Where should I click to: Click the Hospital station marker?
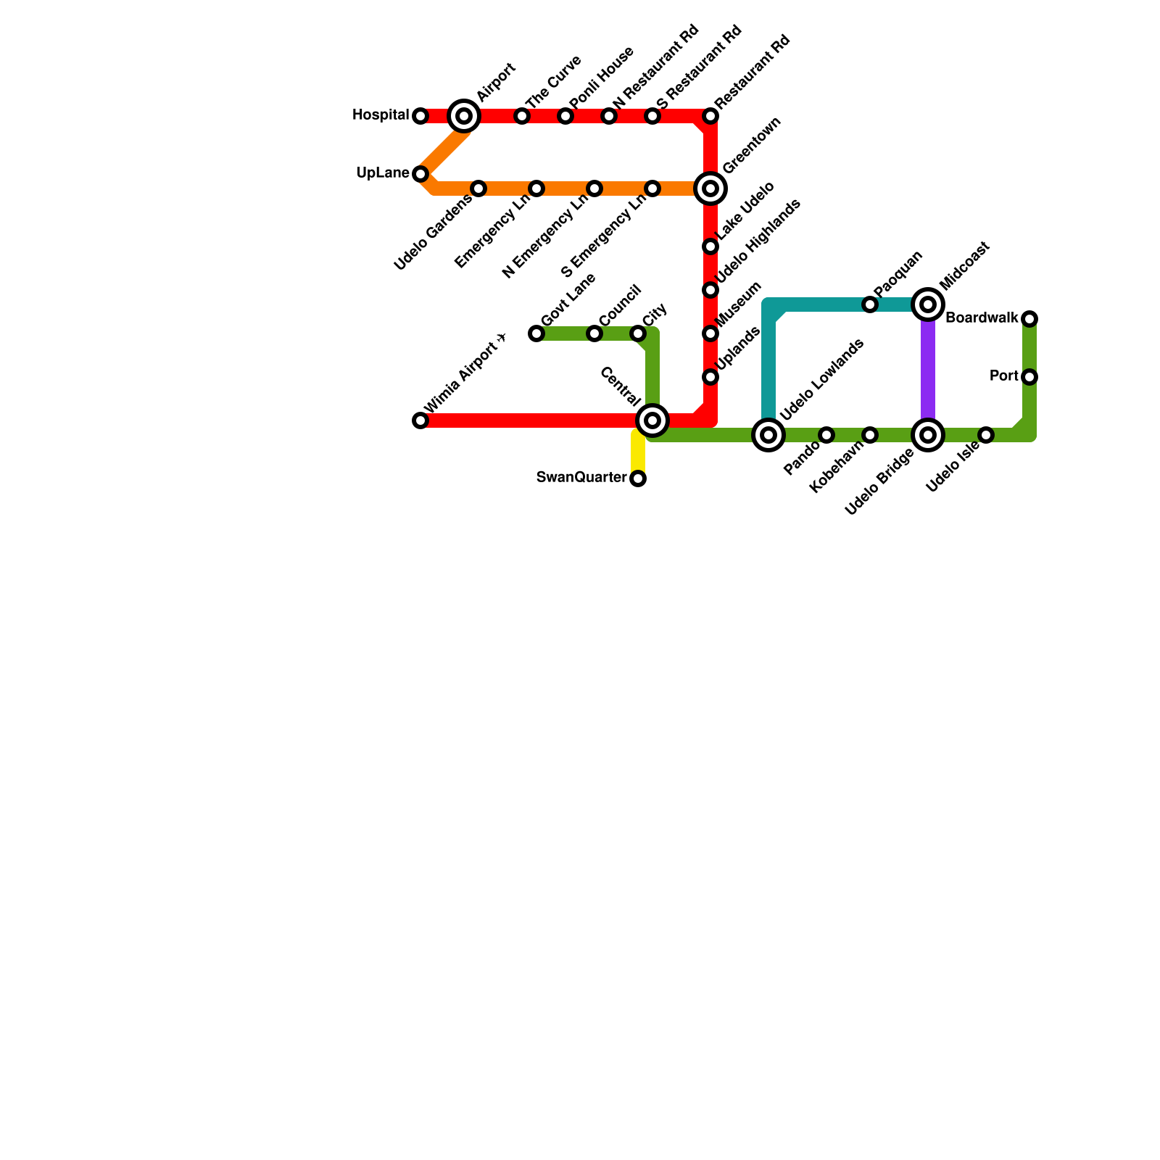pyautogui.click(x=420, y=116)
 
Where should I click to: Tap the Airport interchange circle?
pyautogui.click(x=464, y=116)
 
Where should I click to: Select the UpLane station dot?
pyautogui.click(x=420, y=174)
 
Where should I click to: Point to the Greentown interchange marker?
pyautogui.click(x=710, y=188)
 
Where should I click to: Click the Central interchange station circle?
pyautogui.click(x=652, y=420)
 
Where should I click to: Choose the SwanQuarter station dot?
pyautogui.click(x=638, y=478)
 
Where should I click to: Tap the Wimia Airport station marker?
pyautogui.click(x=420, y=420)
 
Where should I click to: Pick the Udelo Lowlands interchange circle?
pyautogui.click(x=768, y=435)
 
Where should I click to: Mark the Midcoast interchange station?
pyautogui.click(x=928, y=304)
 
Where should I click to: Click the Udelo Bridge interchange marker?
pyautogui.click(x=928, y=435)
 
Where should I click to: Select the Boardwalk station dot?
pyautogui.click(x=1029, y=319)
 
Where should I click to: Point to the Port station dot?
pyautogui.click(x=1029, y=377)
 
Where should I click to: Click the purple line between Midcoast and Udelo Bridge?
pyautogui.click(x=928, y=370)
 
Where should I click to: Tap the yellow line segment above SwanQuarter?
pyautogui.click(x=638, y=453)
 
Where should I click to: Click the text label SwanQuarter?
pyautogui.click(x=581, y=477)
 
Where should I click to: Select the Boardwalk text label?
pyautogui.click(x=982, y=318)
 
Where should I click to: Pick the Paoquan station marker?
pyautogui.click(x=870, y=304)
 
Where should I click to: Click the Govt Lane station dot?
pyautogui.click(x=536, y=333)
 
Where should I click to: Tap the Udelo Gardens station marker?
pyautogui.click(x=478, y=188)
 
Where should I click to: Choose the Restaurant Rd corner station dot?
pyautogui.click(x=710, y=116)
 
